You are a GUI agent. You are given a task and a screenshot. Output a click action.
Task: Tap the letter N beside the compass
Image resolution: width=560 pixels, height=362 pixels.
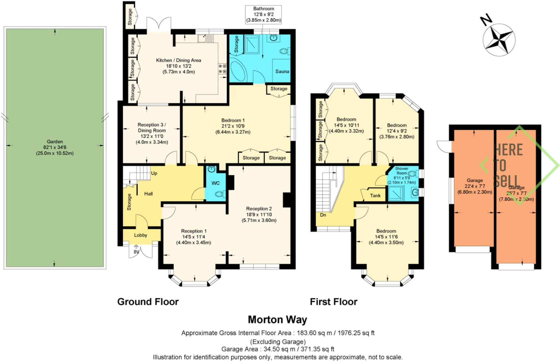tap(486, 20)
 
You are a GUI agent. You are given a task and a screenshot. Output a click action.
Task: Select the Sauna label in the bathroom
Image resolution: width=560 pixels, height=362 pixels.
tap(282, 71)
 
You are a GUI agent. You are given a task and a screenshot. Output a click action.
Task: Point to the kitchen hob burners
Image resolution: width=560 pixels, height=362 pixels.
tap(222, 69)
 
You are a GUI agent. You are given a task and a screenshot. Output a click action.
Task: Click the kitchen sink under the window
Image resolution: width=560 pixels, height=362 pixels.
tap(206, 38)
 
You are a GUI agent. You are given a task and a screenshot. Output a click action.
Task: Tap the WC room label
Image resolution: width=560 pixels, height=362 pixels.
tap(215, 183)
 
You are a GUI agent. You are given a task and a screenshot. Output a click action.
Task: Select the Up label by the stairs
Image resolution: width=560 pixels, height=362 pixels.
tap(154, 173)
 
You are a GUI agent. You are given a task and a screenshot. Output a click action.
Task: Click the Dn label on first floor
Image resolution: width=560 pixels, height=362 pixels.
tap(323, 215)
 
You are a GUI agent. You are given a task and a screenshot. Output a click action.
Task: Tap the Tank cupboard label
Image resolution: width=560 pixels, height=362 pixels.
tap(375, 195)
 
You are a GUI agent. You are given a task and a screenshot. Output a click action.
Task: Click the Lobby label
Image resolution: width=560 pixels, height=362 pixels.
tap(141, 235)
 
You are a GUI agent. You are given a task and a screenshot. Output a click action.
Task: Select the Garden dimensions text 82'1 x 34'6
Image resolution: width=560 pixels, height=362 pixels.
tap(55, 147)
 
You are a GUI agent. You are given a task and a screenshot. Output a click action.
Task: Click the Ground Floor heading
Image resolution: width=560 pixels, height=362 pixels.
tap(148, 302)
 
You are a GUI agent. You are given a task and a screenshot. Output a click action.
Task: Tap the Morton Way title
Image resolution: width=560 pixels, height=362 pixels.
tap(277, 319)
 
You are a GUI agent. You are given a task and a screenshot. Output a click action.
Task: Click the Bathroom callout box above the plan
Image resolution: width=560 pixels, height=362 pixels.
tap(263, 14)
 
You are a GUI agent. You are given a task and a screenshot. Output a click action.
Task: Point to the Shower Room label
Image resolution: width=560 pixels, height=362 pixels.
tap(401, 171)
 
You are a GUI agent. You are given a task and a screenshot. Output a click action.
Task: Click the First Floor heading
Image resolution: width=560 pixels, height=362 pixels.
tap(333, 302)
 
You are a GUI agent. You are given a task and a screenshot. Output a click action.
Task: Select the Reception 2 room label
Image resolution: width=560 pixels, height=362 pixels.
tap(259, 209)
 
